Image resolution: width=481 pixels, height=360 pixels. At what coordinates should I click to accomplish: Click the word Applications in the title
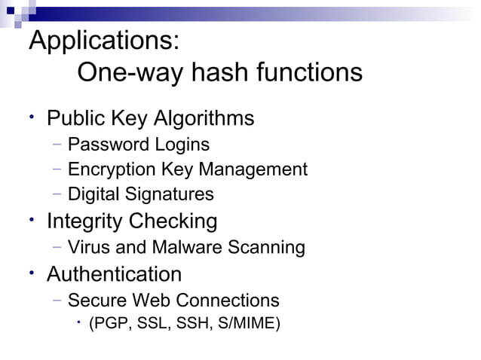(x=103, y=41)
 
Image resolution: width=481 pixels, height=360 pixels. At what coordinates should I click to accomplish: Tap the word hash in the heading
(x=219, y=73)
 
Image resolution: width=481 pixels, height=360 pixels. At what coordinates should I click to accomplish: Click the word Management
(x=256, y=169)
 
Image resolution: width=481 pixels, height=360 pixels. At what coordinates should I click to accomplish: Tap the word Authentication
(x=114, y=273)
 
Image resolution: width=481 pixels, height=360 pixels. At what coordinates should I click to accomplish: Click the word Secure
(x=97, y=301)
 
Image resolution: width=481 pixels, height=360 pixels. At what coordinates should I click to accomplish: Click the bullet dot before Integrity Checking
(x=33, y=219)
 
